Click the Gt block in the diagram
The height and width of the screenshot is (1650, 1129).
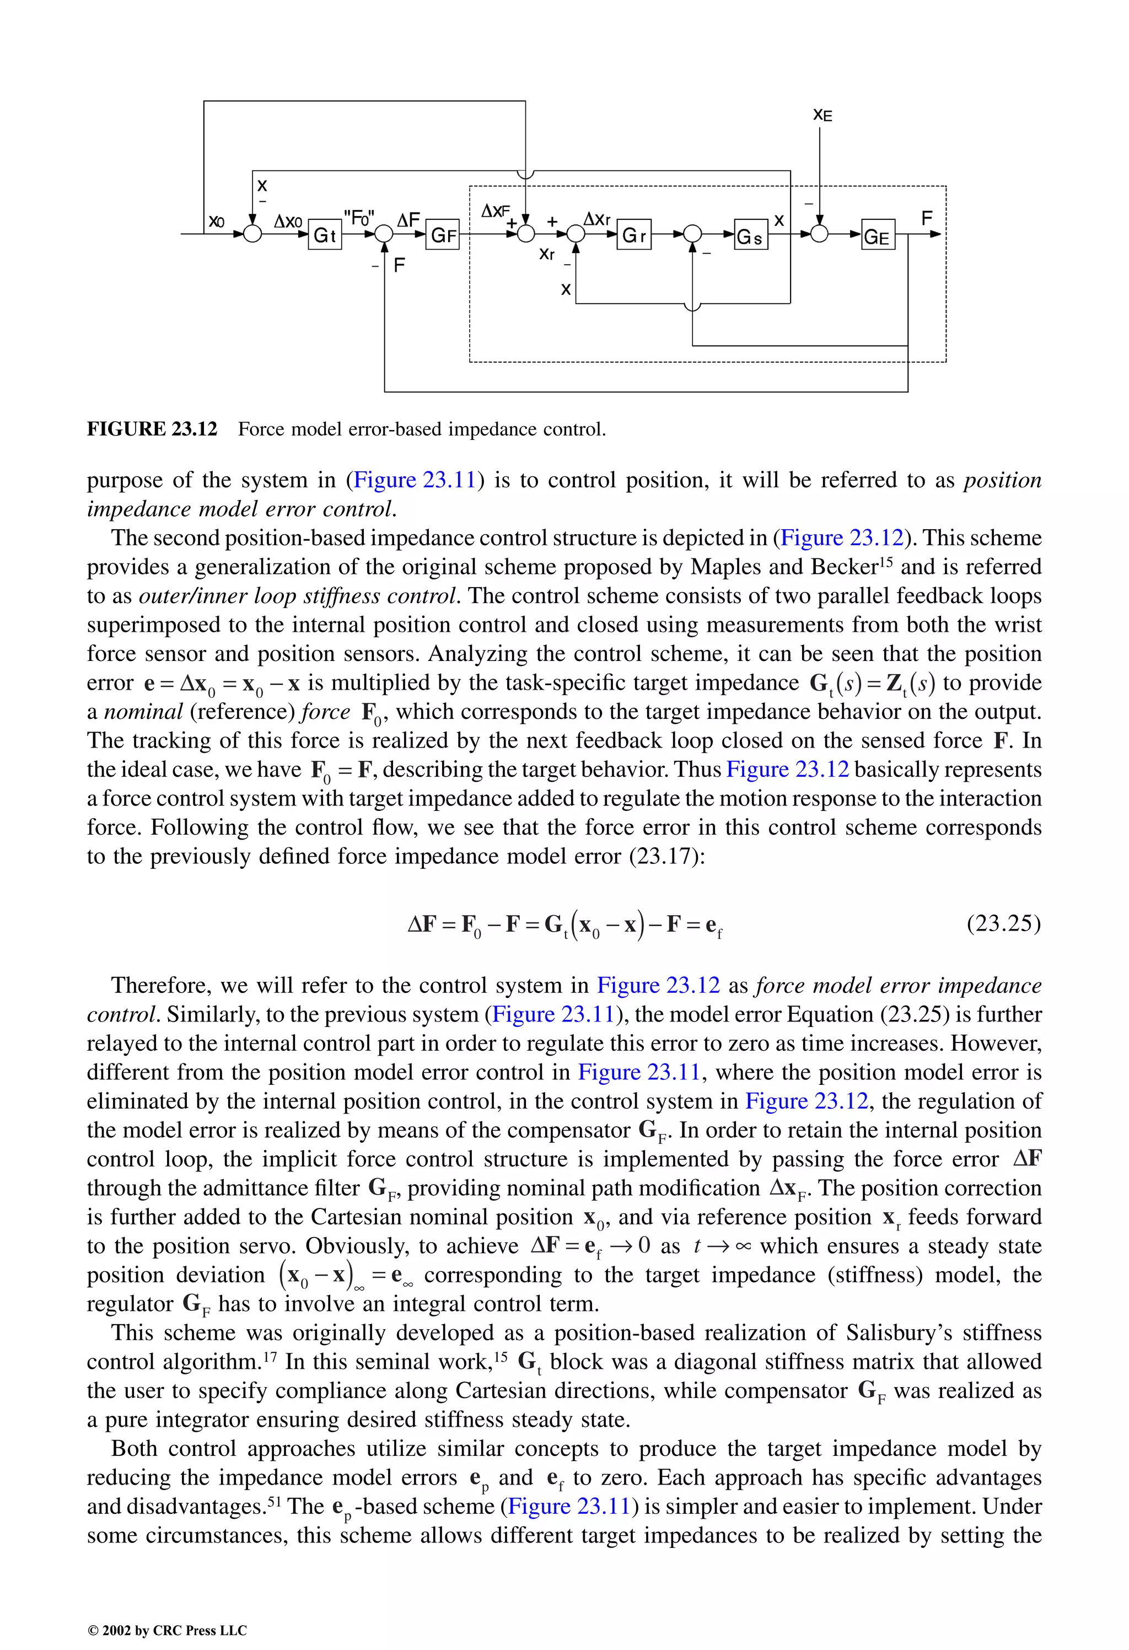[325, 235]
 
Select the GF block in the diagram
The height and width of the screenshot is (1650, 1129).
[443, 235]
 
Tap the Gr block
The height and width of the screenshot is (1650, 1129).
[633, 235]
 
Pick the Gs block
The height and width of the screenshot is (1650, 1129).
[750, 237]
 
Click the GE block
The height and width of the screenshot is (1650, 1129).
[878, 237]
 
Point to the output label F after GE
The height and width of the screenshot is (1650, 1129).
[926, 218]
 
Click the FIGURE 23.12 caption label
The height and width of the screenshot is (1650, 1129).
[152, 429]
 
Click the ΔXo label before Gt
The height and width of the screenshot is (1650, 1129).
[288, 222]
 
